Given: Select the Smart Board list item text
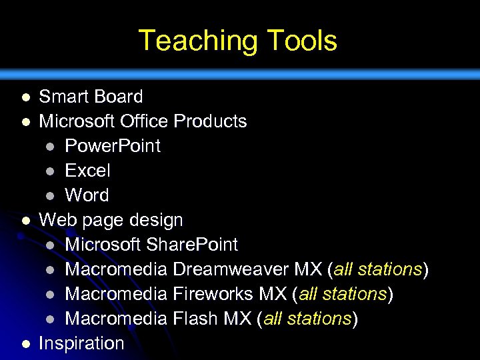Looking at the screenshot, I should click(91, 97).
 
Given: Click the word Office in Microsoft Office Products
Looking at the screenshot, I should click(145, 121).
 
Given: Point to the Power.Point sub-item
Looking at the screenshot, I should click(112, 146).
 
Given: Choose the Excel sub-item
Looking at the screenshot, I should click(87, 171).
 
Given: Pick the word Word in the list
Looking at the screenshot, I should click(87, 195).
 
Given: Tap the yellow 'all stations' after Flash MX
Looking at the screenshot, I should click(307, 319).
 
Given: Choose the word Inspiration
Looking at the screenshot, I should click(81, 343).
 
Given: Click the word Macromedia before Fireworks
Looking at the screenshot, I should click(116, 294).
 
